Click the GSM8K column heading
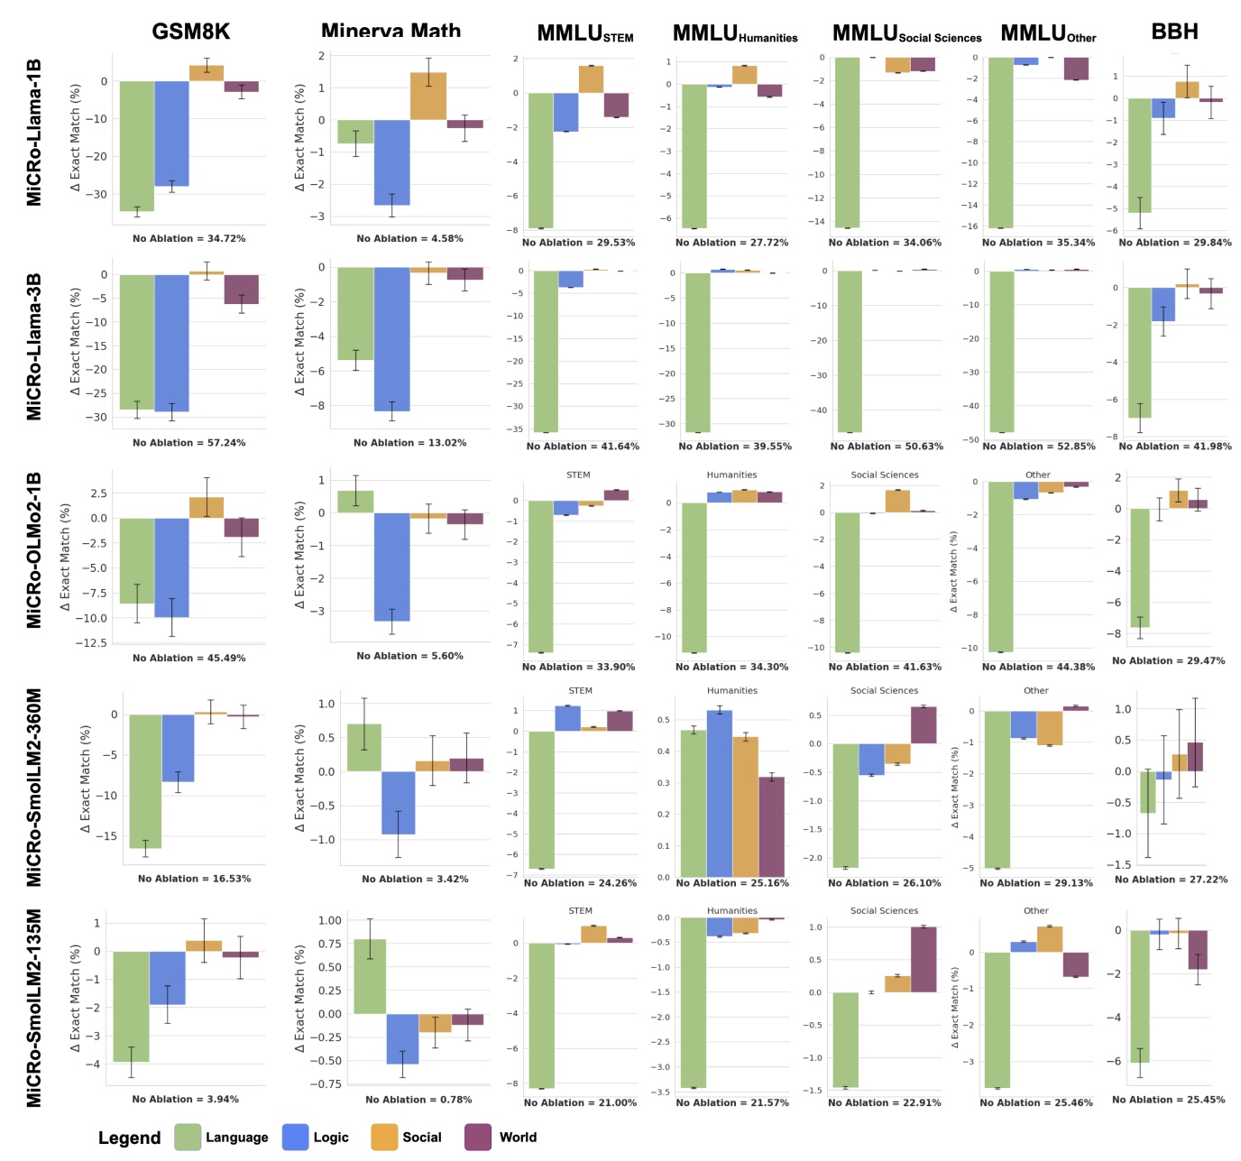[190, 32]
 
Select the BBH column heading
[1174, 32]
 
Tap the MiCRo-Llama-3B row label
[34, 346]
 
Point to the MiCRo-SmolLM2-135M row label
[34, 1008]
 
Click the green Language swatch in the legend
[188, 1138]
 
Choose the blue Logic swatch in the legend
[296, 1138]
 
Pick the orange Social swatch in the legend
[384, 1138]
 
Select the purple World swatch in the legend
[478, 1138]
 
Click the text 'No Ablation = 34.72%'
[188, 239]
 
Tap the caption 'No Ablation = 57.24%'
[188, 443]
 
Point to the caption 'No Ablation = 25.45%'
[1168, 1100]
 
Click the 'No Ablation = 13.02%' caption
[409, 443]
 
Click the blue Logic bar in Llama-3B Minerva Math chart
[392, 339]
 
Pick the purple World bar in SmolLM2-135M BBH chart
[1197, 950]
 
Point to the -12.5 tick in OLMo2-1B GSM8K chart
[96, 643]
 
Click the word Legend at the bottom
[129, 1138]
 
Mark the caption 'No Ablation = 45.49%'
[188, 659]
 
